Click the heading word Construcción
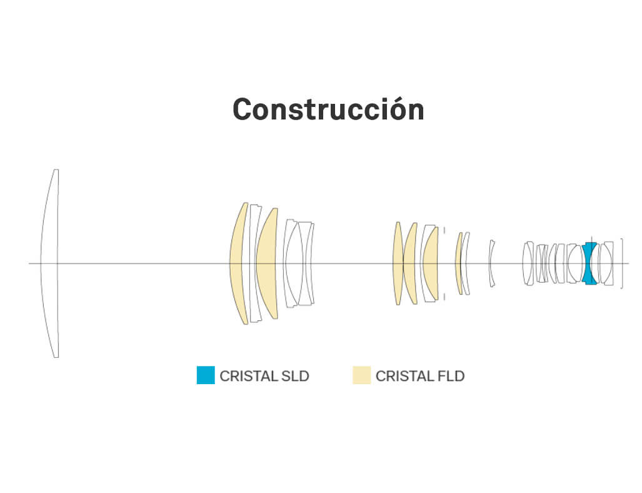(328, 110)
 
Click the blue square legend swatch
(206, 375)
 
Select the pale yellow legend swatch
(361, 375)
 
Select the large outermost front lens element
(50, 263)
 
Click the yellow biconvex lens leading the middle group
(397, 263)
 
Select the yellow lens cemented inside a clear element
(431, 263)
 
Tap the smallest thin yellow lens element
(458, 263)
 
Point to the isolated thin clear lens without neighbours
(491, 263)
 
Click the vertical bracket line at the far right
(622, 263)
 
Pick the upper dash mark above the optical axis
(444, 230)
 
